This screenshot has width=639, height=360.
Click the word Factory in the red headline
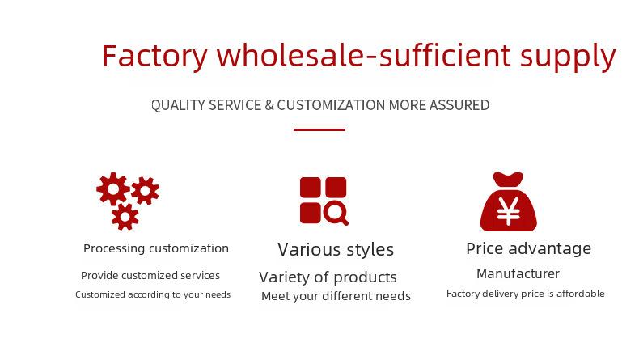[x=154, y=57]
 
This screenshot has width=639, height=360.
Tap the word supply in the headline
[x=568, y=57]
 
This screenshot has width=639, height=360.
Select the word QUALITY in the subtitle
[x=178, y=105]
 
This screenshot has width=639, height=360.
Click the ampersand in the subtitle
[x=269, y=105]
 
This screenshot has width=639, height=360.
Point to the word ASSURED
[x=459, y=105]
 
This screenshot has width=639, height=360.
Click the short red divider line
[x=319, y=129]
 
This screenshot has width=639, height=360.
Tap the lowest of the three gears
[x=125, y=217]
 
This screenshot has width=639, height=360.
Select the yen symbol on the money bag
[x=508, y=211]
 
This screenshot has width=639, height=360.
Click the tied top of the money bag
[x=508, y=180]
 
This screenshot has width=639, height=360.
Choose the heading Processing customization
[x=156, y=248]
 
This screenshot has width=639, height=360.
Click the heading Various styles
[x=336, y=249]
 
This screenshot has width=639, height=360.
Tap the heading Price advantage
[x=528, y=248]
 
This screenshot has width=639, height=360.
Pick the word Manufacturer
[x=518, y=273]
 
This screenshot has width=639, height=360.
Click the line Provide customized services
[x=150, y=276]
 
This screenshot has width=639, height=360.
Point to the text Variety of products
[x=328, y=277]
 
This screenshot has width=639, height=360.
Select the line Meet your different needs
[x=336, y=296]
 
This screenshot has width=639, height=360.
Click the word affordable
[x=581, y=294]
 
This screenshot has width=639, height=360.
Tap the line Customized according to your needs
[x=153, y=294]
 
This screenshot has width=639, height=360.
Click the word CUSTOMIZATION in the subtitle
[x=331, y=105]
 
